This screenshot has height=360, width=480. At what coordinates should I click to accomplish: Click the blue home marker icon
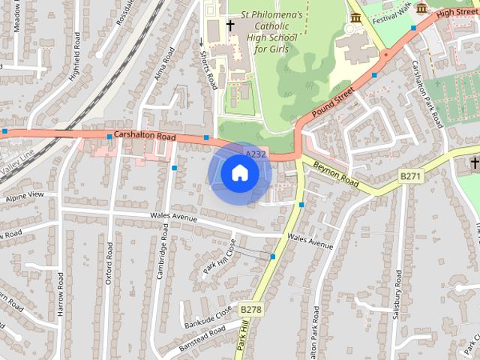tap(239, 173)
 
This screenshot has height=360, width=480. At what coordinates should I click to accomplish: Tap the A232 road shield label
tap(256, 154)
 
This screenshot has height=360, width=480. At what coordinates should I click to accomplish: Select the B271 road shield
tap(410, 175)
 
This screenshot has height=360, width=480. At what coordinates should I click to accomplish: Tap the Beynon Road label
tap(337, 174)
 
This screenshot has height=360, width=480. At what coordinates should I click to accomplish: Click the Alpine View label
tap(25, 196)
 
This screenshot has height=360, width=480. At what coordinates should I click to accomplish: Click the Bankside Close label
tap(208, 318)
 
